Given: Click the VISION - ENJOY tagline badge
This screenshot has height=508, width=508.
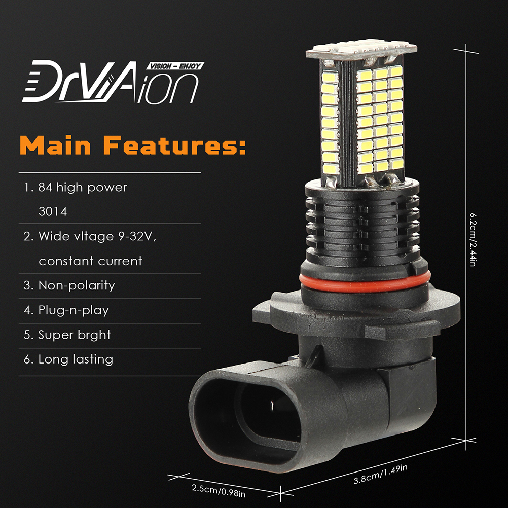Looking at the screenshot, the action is [175, 66].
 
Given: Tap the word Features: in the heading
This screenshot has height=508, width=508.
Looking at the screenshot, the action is [174, 145].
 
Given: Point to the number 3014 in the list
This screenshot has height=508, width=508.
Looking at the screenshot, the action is [53, 212].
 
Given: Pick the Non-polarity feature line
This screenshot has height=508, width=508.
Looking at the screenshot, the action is [69, 286].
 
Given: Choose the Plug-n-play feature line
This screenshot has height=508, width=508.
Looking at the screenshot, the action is [66, 310].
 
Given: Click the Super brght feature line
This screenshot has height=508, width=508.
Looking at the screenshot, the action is [67, 335].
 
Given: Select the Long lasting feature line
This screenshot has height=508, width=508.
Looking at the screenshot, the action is [68, 359].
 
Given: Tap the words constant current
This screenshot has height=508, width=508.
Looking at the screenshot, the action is [90, 261].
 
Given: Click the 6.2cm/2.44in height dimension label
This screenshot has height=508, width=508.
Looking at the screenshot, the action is [473, 240].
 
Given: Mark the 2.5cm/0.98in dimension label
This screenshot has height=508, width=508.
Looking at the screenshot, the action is [219, 490].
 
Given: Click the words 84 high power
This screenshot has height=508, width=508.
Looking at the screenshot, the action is [83, 188].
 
